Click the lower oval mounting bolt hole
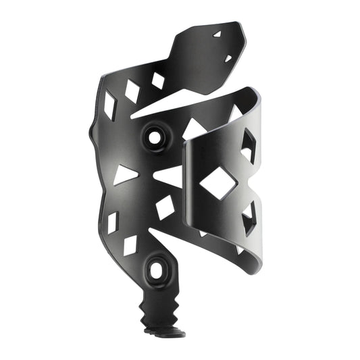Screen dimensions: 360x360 [157, 270]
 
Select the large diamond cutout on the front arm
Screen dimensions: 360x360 [217, 181]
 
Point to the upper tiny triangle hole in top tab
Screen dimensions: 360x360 [217, 33]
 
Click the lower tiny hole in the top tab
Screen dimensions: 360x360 [228, 59]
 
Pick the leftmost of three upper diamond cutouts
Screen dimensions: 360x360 [109, 105]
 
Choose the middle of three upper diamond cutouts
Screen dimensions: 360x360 [132, 91]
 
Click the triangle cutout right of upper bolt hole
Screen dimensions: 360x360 [194, 128]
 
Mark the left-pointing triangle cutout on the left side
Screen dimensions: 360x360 [126, 175]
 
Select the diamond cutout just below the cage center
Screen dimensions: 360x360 [165, 207]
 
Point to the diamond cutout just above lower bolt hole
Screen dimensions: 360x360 [130, 245]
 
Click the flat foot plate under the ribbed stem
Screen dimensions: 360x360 [166, 332]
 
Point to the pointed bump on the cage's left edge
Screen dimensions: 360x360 [91, 128]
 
